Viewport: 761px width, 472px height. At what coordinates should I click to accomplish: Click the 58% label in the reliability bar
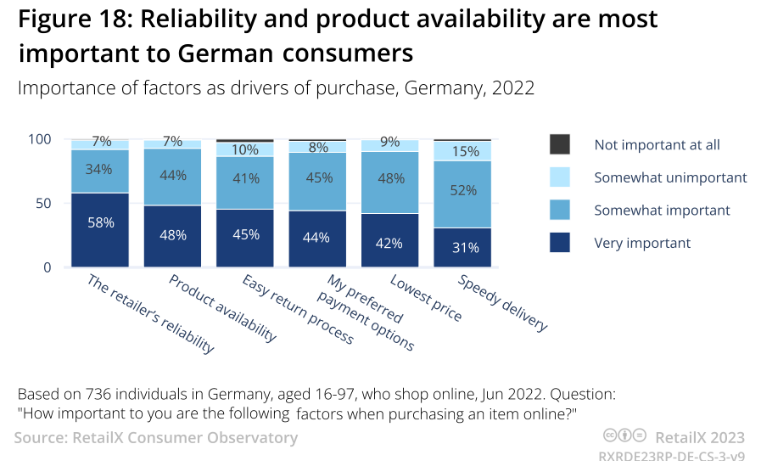point(100,222)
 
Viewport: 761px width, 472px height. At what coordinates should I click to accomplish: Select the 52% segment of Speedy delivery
point(462,191)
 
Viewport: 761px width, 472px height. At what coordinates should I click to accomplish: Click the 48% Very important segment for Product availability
point(172,235)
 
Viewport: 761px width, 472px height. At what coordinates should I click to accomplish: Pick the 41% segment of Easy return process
point(245,179)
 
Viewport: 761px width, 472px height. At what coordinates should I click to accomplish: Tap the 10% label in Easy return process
point(245,149)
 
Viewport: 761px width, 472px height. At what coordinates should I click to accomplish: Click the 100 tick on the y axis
point(42,139)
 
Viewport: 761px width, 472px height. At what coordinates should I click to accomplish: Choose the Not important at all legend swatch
point(560,144)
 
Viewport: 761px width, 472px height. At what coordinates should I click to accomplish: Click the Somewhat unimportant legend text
point(670,177)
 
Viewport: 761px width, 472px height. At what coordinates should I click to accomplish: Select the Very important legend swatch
point(560,243)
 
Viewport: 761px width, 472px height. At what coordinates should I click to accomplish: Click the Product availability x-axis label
point(223,308)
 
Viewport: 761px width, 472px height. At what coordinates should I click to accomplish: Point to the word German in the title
point(226,53)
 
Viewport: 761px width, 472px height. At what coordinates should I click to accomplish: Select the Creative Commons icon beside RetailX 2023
point(624,436)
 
